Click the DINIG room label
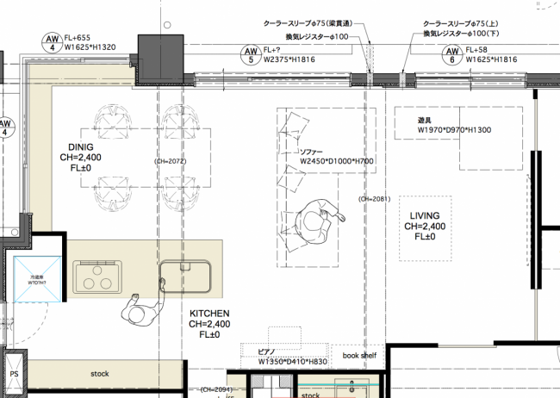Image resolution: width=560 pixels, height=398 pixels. click(80, 147)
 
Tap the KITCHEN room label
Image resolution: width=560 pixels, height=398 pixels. click(208, 314)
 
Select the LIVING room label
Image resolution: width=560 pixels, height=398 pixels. click(425, 215)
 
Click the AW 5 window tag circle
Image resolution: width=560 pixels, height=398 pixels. click(251, 56)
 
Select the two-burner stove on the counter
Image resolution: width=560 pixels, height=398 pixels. click(94, 277)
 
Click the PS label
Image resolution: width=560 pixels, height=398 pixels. click(14, 376)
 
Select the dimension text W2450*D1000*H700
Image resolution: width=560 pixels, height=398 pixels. click(336, 161)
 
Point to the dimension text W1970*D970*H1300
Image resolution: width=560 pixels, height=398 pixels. click(454, 130)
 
